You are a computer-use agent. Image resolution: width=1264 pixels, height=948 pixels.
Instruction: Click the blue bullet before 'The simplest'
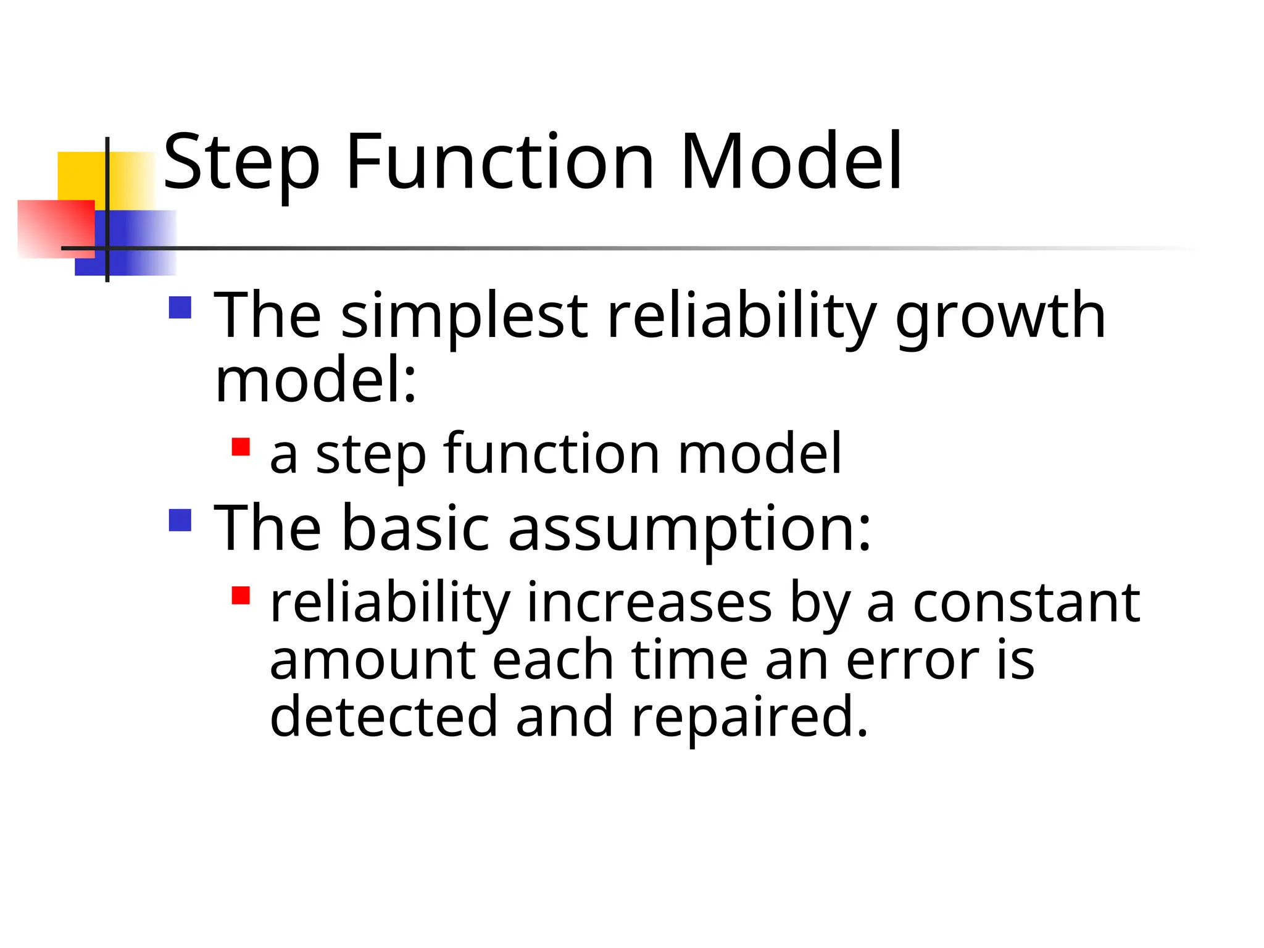tap(180, 307)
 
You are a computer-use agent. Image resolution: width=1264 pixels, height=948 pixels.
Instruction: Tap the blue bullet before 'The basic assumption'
tap(180, 520)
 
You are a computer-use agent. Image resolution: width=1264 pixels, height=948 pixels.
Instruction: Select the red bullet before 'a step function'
tap(241, 447)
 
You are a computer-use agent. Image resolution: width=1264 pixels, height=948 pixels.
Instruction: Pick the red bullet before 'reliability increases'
tap(241, 595)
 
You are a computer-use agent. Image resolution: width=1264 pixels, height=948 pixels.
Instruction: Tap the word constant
tap(1026, 603)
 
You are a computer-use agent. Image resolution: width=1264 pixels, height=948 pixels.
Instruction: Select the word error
tap(912, 660)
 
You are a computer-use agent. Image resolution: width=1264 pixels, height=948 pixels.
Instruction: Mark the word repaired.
tap(749, 717)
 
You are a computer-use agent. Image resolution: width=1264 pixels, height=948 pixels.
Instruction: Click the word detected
tap(383, 717)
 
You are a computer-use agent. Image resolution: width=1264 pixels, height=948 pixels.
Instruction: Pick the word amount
tap(373, 660)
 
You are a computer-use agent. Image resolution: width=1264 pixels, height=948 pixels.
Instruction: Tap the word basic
tap(415, 528)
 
